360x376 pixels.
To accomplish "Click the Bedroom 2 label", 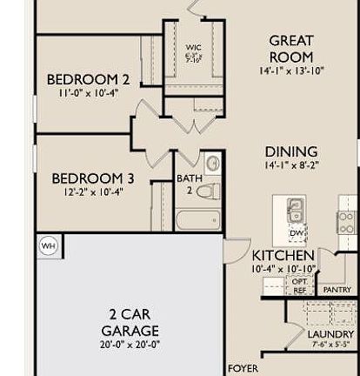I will point(88,80).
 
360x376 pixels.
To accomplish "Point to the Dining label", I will point(290,151).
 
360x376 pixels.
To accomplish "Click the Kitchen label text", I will point(283,256).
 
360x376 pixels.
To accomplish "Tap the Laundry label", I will point(330,334).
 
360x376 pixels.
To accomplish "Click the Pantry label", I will point(336,290).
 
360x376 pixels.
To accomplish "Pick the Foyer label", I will point(243,369).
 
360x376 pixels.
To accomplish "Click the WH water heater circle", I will point(48,246).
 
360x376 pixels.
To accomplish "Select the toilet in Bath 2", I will point(209,190).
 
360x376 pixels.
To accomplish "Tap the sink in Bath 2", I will point(213,163).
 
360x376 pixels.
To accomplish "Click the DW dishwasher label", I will point(296,233).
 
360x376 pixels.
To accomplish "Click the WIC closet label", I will point(193,48).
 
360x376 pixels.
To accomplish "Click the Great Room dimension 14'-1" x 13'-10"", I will point(290,70).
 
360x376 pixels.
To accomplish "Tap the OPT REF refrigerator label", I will point(298,286).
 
